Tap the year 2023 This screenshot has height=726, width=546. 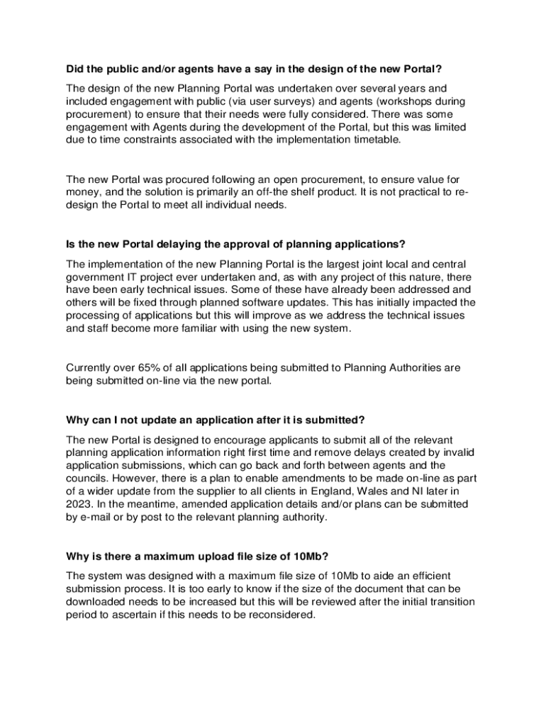[x=79, y=503]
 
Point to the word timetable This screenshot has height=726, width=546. [x=373, y=140]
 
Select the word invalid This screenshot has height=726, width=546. [x=457, y=452]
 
